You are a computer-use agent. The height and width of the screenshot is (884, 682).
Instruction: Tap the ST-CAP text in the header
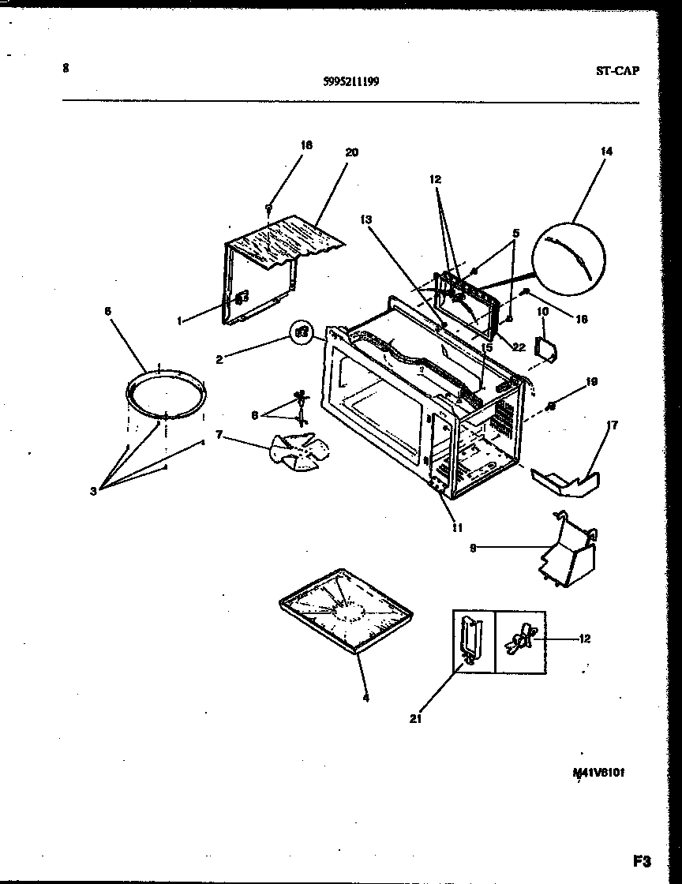tap(616, 69)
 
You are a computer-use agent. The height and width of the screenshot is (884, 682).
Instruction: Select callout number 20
tap(351, 152)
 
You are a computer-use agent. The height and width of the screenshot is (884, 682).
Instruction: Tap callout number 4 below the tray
tap(365, 697)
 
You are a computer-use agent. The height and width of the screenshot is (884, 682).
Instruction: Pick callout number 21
tap(415, 718)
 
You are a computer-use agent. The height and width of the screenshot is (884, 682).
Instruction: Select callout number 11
tap(455, 528)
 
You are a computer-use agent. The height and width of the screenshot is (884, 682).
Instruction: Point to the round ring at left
tap(167, 394)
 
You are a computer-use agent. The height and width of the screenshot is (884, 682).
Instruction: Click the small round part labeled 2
tap(301, 332)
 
